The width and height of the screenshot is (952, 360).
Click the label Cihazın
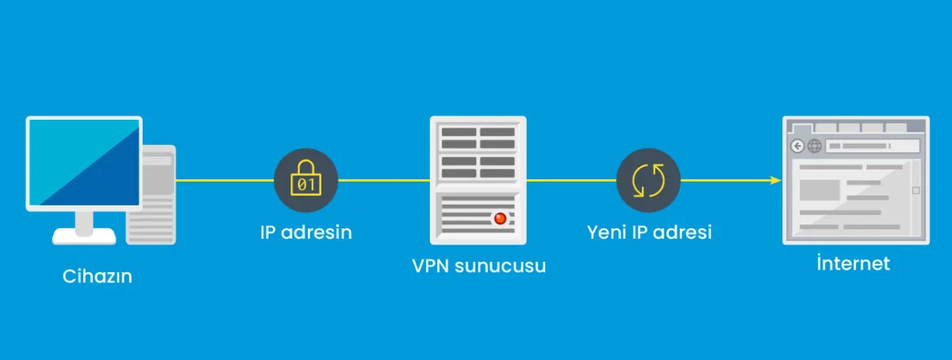97,277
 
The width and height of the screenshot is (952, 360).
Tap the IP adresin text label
305,233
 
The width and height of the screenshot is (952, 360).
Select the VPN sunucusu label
478,265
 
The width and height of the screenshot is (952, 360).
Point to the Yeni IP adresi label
649,232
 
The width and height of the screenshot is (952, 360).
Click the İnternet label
853,263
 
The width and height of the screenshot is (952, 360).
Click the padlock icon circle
305,180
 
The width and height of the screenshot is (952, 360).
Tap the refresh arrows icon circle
648,180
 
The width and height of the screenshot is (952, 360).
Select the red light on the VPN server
499,218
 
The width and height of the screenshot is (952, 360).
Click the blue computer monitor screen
83,163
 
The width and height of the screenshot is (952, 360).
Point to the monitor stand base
84,236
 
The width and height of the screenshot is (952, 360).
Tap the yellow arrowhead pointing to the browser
776,180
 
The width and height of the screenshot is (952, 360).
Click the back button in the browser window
797,146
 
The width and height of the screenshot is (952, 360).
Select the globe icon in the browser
814,146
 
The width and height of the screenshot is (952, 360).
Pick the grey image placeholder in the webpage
820,190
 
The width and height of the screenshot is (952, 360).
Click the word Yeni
607,232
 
